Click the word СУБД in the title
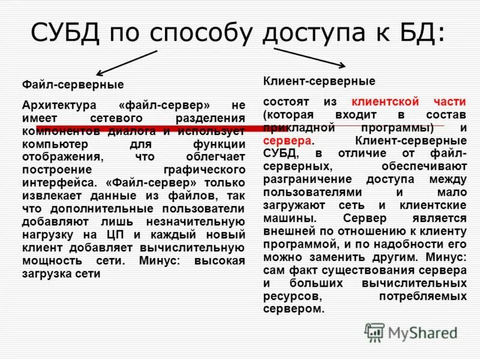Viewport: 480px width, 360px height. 62,31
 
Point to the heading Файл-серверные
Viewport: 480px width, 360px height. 73,84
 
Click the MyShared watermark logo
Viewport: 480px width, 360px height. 411,332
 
